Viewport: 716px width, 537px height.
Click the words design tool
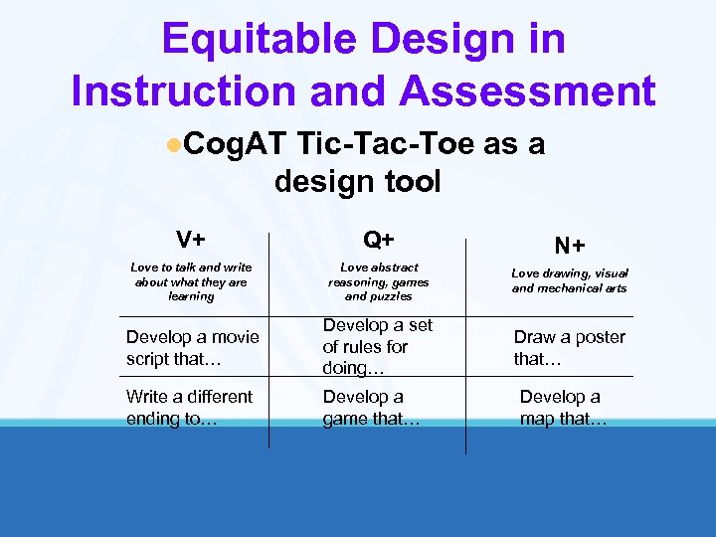point(357,182)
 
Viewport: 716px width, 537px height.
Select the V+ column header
point(191,240)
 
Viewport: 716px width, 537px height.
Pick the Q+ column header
point(378,240)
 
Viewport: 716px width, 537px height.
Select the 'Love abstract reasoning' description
point(378,281)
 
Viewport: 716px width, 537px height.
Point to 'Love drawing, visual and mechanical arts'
point(570,280)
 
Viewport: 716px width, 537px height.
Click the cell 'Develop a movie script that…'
point(192,348)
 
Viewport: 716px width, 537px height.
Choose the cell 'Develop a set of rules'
point(377,346)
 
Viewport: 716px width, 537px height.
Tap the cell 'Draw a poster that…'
point(569,348)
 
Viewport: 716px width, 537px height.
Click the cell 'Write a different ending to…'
point(189,408)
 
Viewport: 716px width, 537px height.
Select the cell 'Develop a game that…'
point(371,408)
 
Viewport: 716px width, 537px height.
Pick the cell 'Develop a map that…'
point(563,408)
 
